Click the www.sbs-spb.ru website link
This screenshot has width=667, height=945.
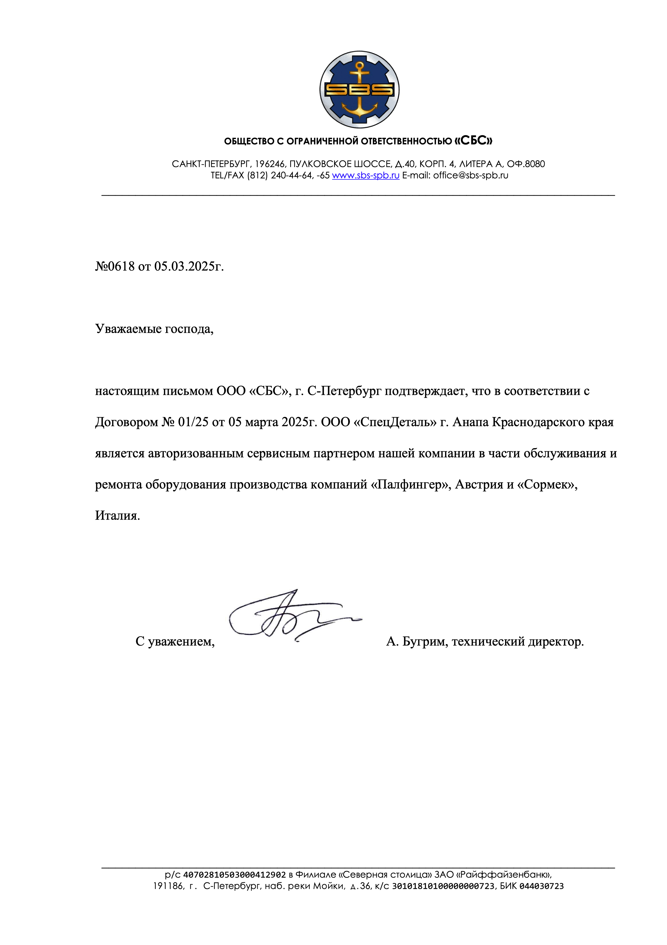tap(365, 175)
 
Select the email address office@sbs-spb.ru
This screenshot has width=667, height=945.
tap(471, 175)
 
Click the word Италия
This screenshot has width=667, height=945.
tap(117, 516)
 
